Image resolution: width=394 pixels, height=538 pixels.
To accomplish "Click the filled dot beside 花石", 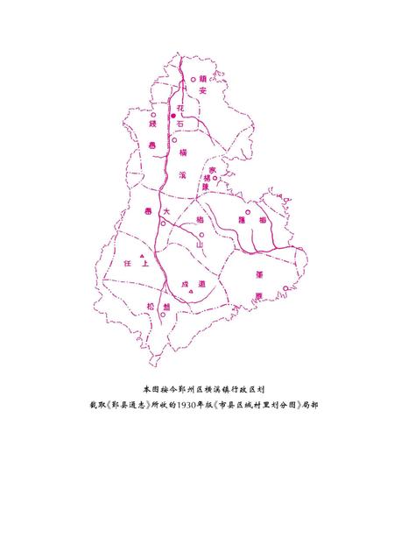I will coord(173,116).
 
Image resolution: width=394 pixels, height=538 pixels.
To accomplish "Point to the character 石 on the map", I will coord(181,126).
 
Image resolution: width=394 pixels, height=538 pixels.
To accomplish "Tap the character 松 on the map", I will coord(151,307).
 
